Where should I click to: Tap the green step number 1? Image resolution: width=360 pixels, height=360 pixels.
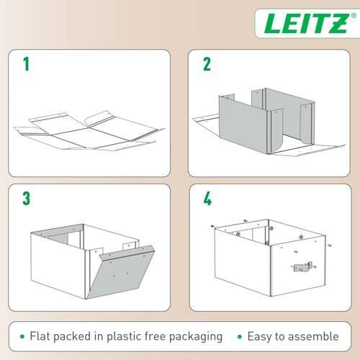(x=26, y=64)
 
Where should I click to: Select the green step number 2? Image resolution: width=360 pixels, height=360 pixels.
(x=207, y=64)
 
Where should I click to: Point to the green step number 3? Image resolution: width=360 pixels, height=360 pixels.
(x=27, y=199)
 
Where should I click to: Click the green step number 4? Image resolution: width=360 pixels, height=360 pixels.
(x=207, y=199)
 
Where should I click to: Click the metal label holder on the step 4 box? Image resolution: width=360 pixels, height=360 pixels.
(x=303, y=266)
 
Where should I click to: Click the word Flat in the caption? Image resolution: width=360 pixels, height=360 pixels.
(x=40, y=336)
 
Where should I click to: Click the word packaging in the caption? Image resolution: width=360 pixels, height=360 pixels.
(x=196, y=337)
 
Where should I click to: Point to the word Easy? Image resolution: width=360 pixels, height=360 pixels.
(x=260, y=336)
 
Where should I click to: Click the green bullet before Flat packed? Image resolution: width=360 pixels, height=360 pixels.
(x=22, y=336)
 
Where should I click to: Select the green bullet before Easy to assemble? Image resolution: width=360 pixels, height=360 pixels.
(x=240, y=336)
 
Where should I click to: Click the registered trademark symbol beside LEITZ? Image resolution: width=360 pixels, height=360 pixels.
(x=354, y=16)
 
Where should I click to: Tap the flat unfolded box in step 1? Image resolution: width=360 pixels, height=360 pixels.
(x=89, y=131)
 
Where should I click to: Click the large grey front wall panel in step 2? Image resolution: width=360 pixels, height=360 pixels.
(x=243, y=124)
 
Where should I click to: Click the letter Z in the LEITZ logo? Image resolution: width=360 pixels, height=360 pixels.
(x=338, y=23)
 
